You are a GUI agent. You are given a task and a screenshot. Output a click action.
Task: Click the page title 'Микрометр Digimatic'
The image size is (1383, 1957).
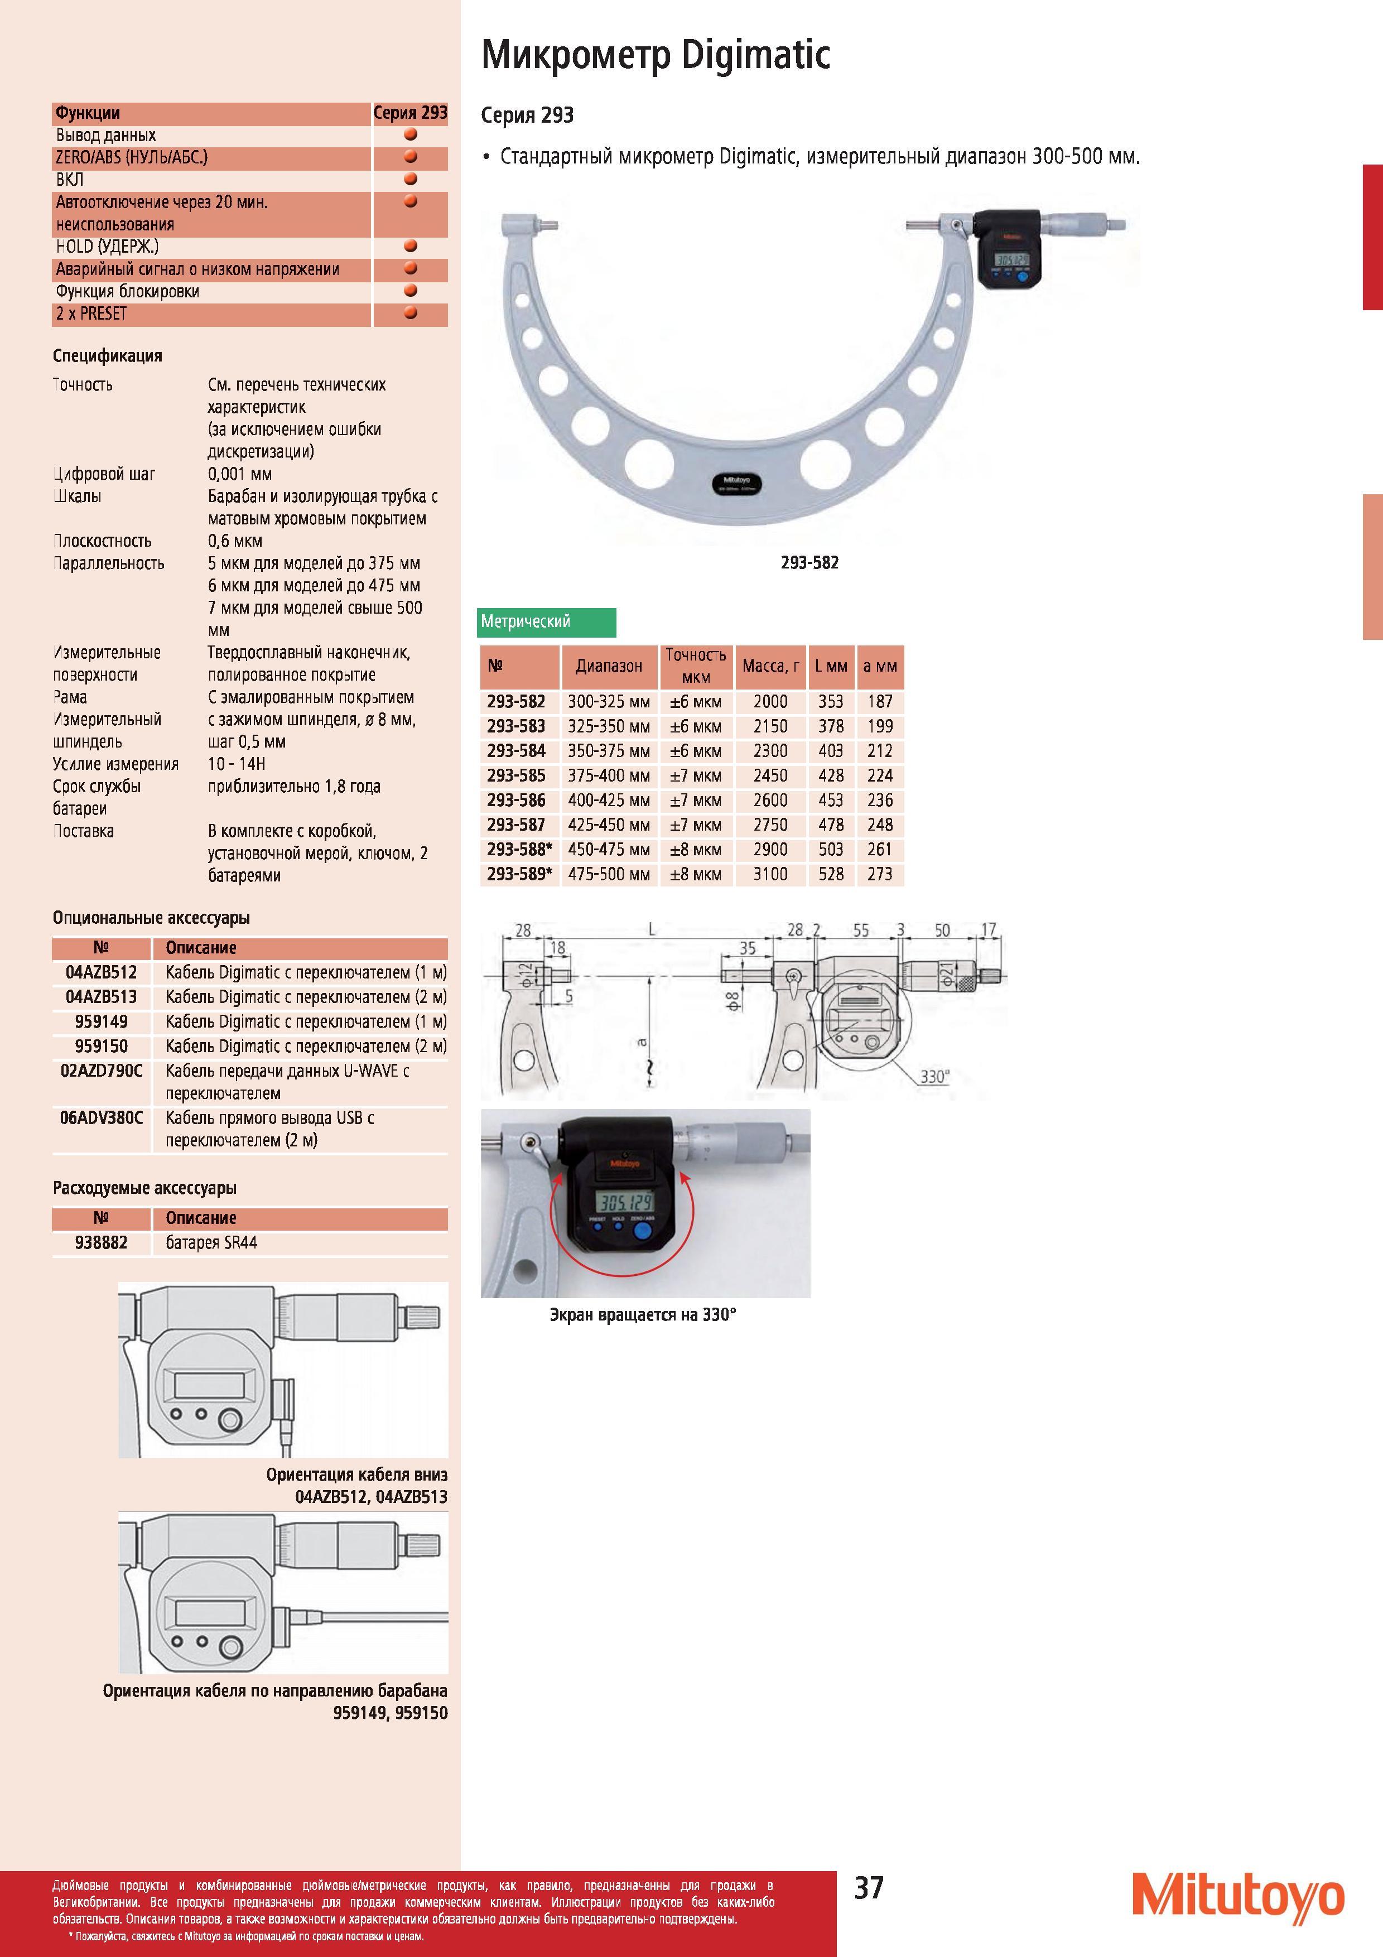[x=656, y=55]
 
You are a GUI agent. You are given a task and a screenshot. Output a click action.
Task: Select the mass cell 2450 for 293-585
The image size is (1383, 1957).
[x=770, y=775]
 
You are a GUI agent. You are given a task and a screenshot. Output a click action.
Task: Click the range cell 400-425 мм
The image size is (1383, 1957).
[x=609, y=801]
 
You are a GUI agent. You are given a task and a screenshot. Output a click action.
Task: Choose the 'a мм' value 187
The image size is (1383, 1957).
[x=879, y=701]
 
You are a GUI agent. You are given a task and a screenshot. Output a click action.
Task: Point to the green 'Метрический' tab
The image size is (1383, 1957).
[x=547, y=622]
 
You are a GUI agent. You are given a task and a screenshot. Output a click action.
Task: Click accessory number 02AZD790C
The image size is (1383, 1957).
[x=102, y=1071]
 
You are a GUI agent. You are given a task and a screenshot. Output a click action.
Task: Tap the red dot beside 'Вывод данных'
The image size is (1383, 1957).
[x=410, y=134]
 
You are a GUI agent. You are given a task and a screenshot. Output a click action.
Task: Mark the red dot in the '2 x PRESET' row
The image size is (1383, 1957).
[x=410, y=313]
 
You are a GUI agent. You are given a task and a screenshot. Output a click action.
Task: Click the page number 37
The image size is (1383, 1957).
[x=869, y=1888]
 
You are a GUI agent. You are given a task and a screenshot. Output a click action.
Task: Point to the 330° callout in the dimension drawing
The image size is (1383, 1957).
[x=934, y=1077]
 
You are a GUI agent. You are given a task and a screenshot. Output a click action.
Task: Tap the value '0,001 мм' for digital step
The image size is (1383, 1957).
[x=240, y=474]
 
